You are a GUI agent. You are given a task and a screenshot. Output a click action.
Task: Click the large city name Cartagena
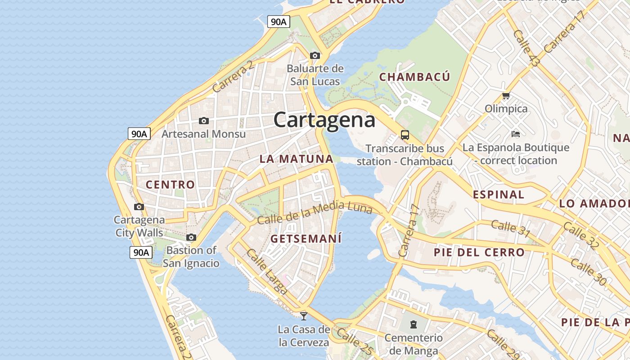pyautogui.click(x=324, y=120)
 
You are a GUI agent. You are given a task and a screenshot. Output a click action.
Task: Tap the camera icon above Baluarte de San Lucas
pyautogui.click(x=315, y=55)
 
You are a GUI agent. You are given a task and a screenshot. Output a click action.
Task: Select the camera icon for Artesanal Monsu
pyautogui.click(x=204, y=121)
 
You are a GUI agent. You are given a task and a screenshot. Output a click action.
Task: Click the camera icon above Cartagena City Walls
pyautogui.click(x=139, y=207)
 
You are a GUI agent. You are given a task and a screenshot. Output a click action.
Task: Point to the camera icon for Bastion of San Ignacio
pyautogui.click(x=191, y=237)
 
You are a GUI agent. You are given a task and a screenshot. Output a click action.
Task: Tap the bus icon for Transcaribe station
pyautogui.click(x=405, y=135)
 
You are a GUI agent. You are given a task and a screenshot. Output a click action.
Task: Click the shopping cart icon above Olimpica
pyautogui.click(x=506, y=95)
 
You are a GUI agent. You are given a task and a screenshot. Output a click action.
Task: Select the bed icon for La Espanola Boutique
pyautogui.click(x=516, y=134)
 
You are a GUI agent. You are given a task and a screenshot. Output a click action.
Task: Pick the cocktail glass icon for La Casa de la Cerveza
pyautogui.click(x=304, y=316)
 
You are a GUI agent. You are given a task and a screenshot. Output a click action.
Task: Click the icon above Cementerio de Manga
pyautogui.click(x=413, y=324)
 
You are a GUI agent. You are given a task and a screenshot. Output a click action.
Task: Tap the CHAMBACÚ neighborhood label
pyautogui.click(x=414, y=77)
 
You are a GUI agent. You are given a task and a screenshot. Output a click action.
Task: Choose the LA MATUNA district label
pyautogui.click(x=297, y=159)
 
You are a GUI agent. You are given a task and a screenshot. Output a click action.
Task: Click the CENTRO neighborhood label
pyautogui.click(x=170, y=184)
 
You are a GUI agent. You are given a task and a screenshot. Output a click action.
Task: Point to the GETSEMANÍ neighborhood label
pyautogui.click(x=306, y=238)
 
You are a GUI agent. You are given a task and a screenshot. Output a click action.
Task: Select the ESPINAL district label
pyautogui.click(x=499, y=195)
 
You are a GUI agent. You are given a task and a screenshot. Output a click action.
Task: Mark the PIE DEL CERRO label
pyautogui.click(x=479, y=252)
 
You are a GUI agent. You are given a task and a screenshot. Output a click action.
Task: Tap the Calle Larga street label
pyautogui.click(x=267, y=271)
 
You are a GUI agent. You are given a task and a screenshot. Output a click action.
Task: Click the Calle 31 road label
pyautogui.click(x=510, y=228)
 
